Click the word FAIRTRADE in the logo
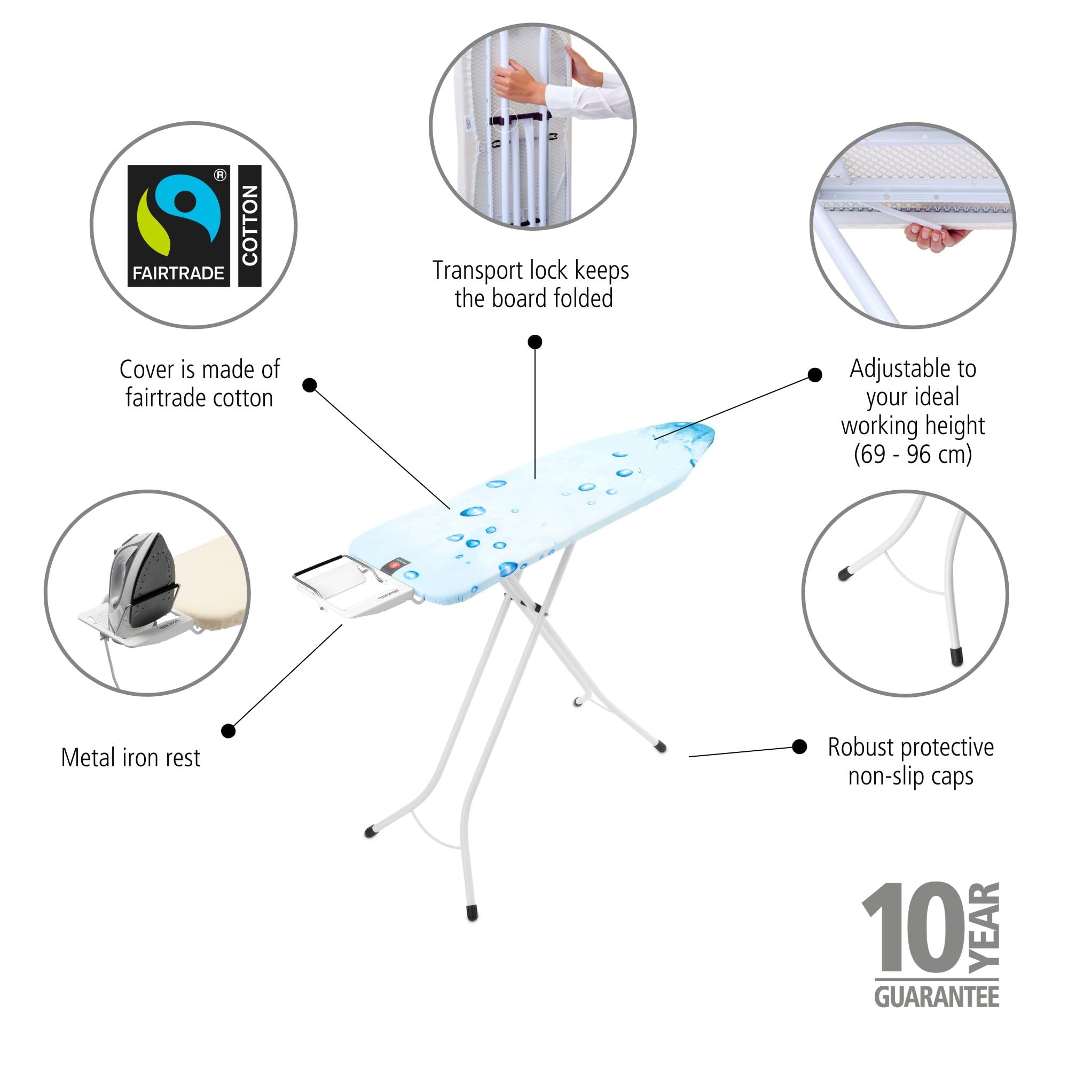click(178, 273)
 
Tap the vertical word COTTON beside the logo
click(250, 225)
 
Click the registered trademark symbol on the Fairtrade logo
click(220, 175)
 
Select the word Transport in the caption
click(477, 271)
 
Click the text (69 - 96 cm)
click(913, 454)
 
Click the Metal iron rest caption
click(130, 758)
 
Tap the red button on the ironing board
click(394, 565)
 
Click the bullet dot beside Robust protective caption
click(799, 747)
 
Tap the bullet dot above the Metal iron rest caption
click(229, 731)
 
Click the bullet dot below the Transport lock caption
click(535, 342)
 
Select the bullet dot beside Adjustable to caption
click(815, 375)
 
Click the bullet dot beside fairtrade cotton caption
click(310, 384)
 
